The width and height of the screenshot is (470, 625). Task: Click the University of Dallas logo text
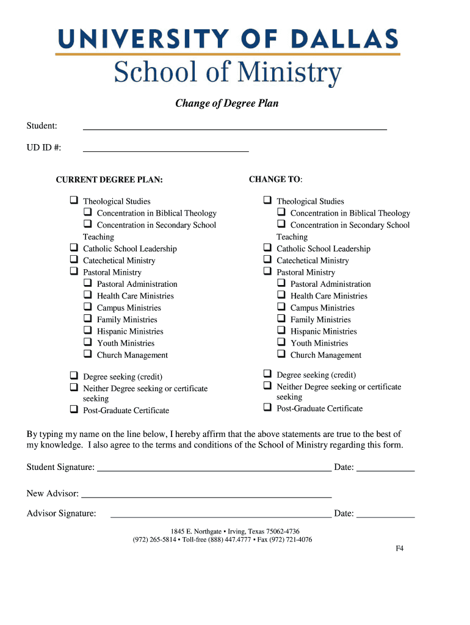point(227,40)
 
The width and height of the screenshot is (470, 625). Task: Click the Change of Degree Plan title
point(227,103)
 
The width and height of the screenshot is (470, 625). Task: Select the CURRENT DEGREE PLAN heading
point(109,180)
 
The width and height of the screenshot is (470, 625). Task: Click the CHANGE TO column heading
point(275,179)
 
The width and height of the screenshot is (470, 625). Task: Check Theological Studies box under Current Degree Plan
point(73,200)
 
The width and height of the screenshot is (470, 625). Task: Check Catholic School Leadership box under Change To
point(267,248)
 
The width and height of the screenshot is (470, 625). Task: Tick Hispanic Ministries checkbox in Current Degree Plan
point(87,331)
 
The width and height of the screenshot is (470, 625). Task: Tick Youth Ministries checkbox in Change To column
point(281,342)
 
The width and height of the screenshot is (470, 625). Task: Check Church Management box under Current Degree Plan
point(87,354)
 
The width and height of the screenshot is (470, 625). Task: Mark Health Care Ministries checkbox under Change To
point(281,295)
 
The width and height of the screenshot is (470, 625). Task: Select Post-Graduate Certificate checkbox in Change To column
point(267,407)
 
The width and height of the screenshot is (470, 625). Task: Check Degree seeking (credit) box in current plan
point(73,376)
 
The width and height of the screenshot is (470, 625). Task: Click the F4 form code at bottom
point(399,549)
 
